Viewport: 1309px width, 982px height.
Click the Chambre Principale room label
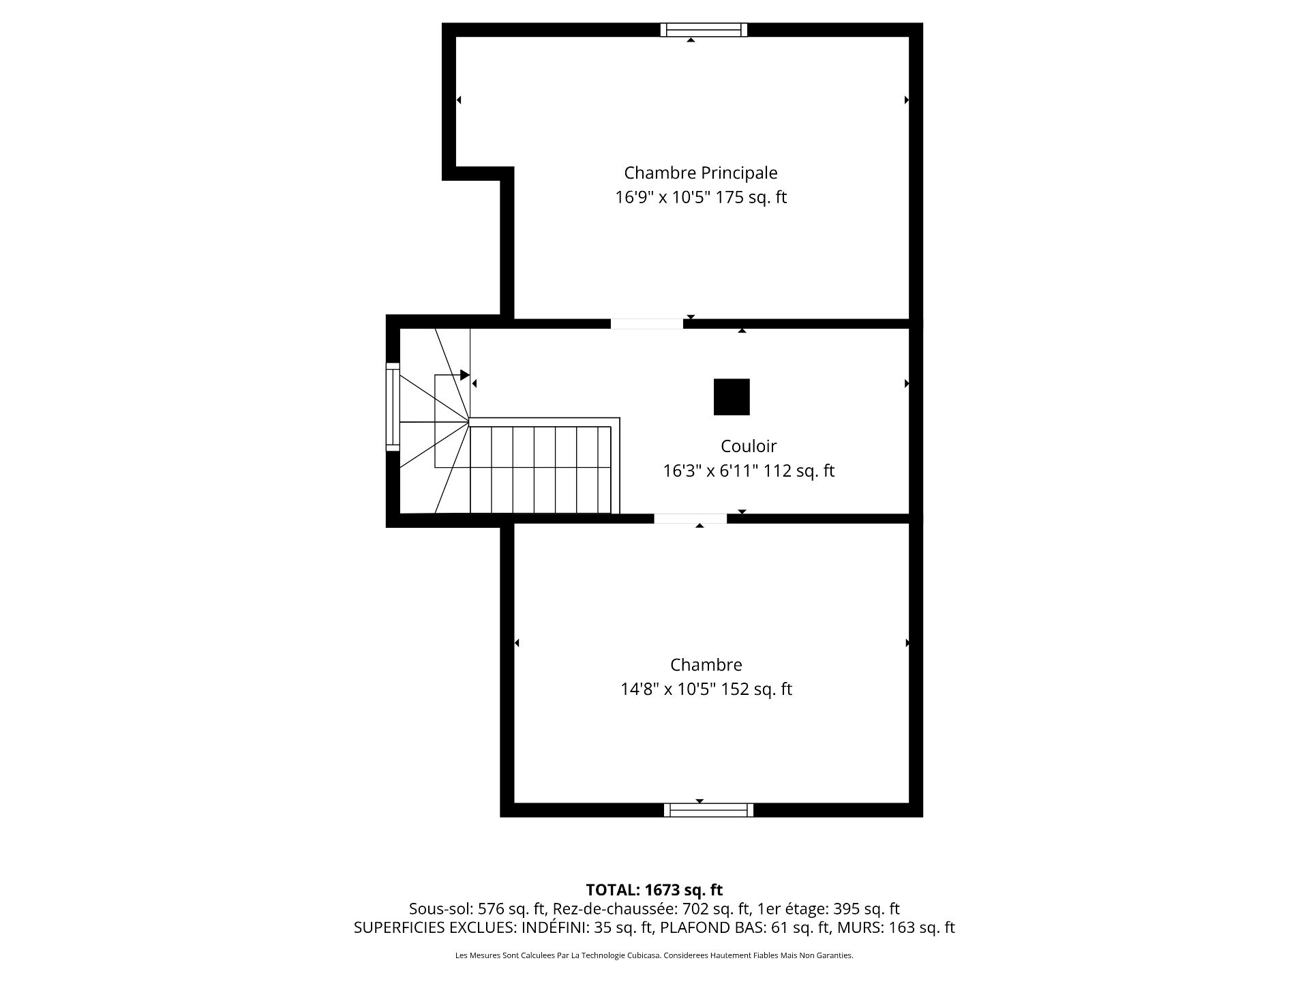click(701, 173)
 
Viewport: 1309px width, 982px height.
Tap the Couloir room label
click(749, 446)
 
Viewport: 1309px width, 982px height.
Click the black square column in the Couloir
click(732, 397)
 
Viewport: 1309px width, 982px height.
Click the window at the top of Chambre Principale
click(704, 30)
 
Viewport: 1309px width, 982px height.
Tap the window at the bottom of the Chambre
click(708, 810)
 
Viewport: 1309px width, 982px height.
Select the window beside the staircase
click(393, 406)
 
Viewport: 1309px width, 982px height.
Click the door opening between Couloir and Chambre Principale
click(646, 324)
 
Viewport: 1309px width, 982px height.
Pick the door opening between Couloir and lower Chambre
click(690, 519)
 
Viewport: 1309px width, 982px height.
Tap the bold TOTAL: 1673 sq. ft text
click(654, 890)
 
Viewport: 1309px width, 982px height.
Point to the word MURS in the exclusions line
click(859, 928)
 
